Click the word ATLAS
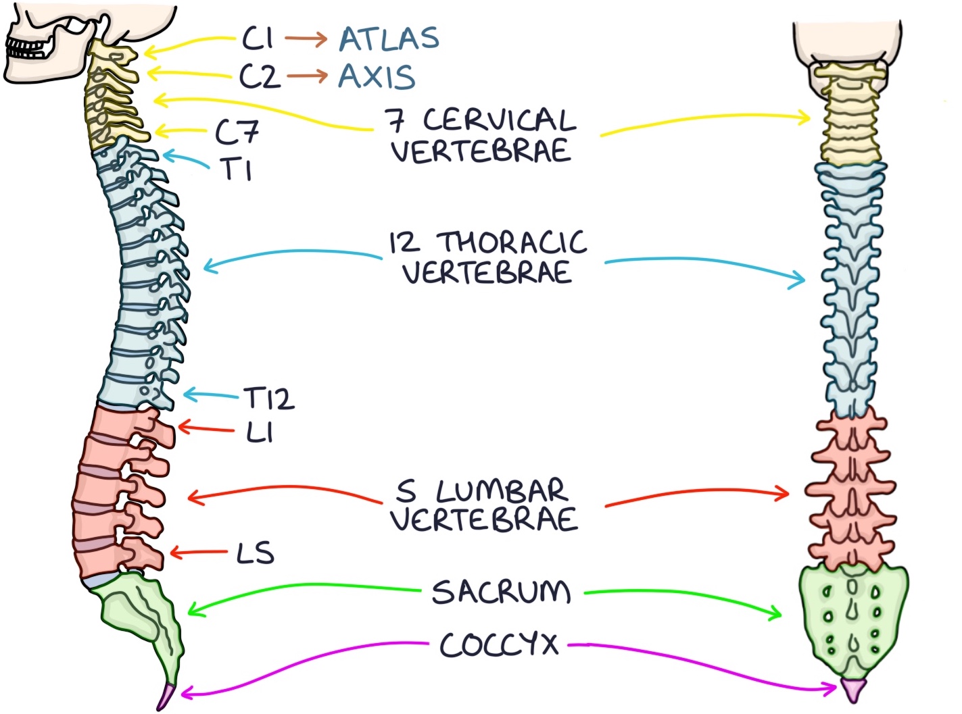[x=389, y=39]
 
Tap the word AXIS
[x=377, y=76]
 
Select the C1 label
[x=258, y=39]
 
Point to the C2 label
[x=260, y=76]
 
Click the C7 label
[x=237, y=132]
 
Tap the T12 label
[x=269, y=399]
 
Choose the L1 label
[x=260, y=432]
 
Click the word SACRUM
[x=501, y=592]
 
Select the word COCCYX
[x=499, y=644]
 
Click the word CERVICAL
[x=499, y=120]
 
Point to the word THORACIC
[x=512, y=242]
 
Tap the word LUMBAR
[x=500, y=490]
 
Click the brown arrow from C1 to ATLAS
[x=306, y=39]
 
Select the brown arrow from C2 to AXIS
[x=307, y=76]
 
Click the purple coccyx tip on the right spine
[x=853, y=689]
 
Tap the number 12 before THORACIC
[x=404, y=243]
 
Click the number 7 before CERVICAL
[x=395, y=120]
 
